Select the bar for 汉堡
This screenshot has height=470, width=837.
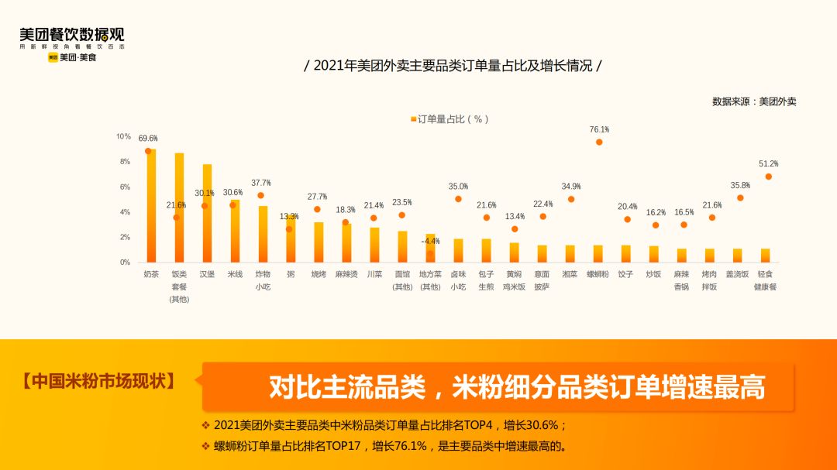(x=207, y=214)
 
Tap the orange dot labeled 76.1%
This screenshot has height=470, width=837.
(x=599, y=142)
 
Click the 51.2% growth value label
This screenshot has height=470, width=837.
(x=768, y=164)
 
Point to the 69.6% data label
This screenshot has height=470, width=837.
(x=148, y=139)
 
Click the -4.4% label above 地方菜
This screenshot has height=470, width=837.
(x=430, y=242)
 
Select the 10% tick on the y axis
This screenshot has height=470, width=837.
(x=123, y=136)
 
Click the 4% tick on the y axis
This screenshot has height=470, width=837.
(x=125, y=212)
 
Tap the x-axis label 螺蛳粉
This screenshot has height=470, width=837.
(x=598, y=274)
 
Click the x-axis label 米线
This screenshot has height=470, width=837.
(x=235, y=274)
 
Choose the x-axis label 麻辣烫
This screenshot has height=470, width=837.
(x=346, y=274)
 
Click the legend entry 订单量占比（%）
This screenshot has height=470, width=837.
(x=449, y=119)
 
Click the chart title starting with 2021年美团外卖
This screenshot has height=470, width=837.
(x=453, y=66)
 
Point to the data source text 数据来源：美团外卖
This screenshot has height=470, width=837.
(x=753, y=101)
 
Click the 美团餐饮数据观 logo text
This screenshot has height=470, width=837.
(x=71, y=35)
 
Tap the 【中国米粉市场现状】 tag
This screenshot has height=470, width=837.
(x=98, y=382)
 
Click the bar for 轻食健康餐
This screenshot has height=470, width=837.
(x=765, y=256)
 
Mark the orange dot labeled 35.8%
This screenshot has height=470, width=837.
(x=740, y=198)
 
